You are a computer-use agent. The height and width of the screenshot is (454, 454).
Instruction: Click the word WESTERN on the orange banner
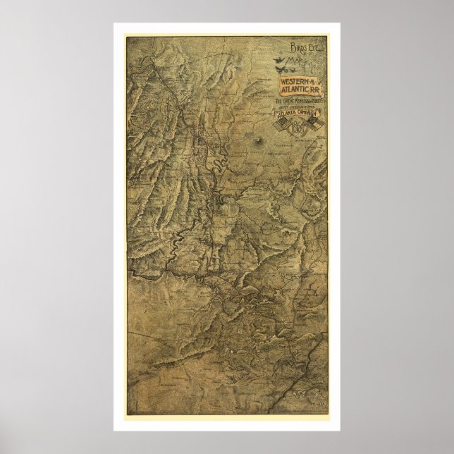[293, 83]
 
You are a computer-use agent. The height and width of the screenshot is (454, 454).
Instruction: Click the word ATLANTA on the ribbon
[286, 114]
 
